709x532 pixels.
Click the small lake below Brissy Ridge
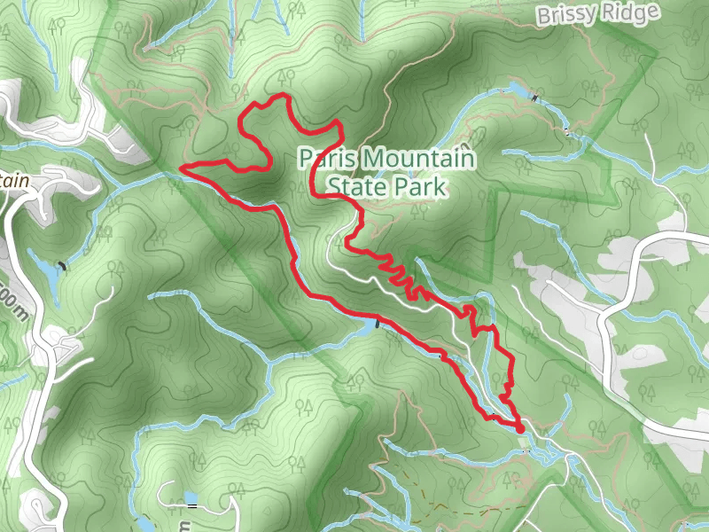[518, 90]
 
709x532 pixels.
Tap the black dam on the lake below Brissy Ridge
[535, 97]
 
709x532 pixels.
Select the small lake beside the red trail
[367, 327]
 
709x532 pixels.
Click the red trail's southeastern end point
[519, 430]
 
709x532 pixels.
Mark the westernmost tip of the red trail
[182, 166]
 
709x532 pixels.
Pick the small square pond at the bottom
[188, 497]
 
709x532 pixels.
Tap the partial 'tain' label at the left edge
[15, 181]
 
